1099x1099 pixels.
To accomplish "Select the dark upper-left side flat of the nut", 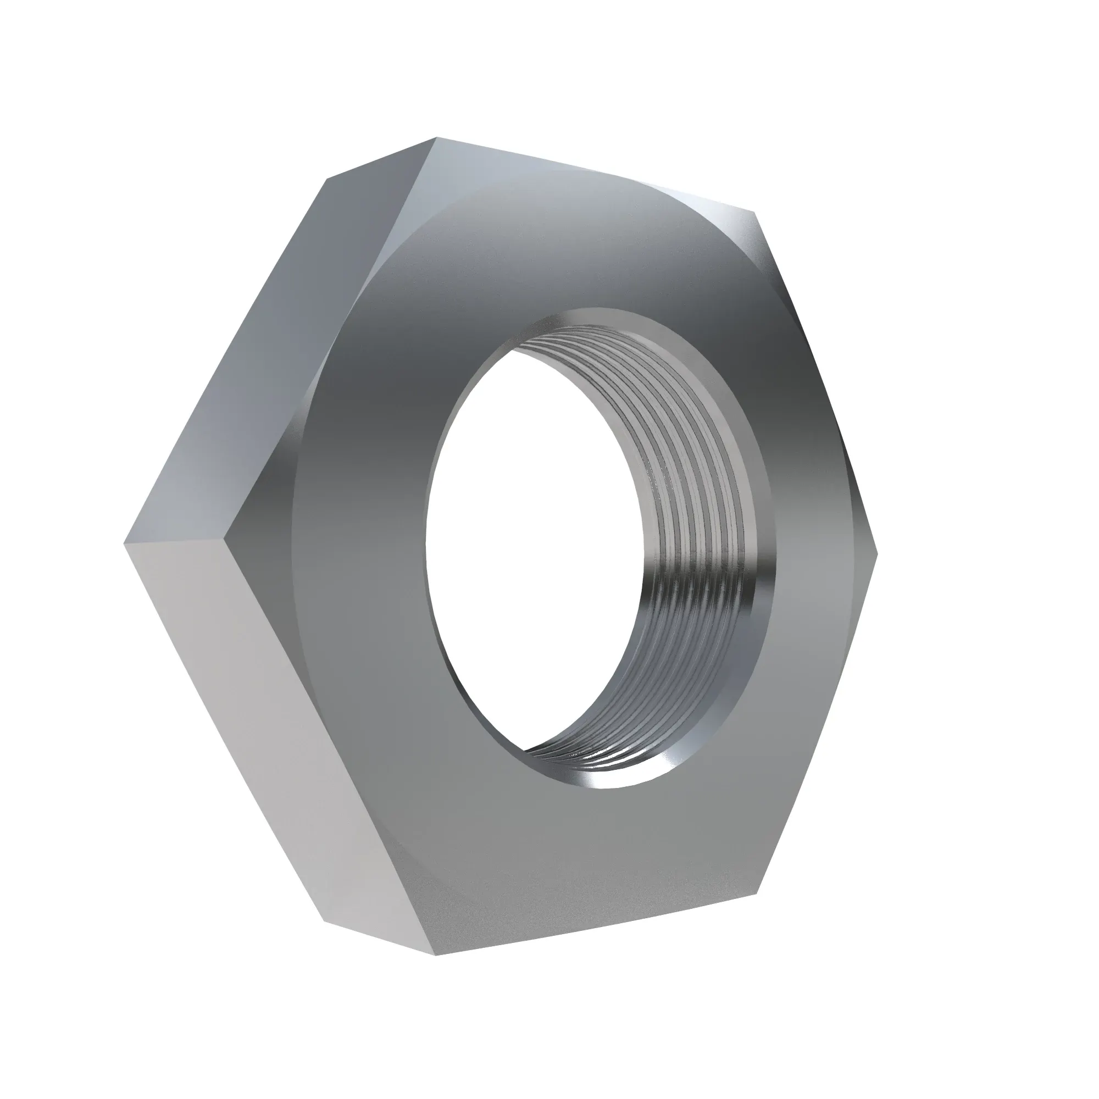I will [x=273, y=353].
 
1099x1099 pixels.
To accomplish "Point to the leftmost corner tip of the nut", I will [x=125, y=544].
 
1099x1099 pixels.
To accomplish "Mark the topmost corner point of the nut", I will [x=436, y=138].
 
